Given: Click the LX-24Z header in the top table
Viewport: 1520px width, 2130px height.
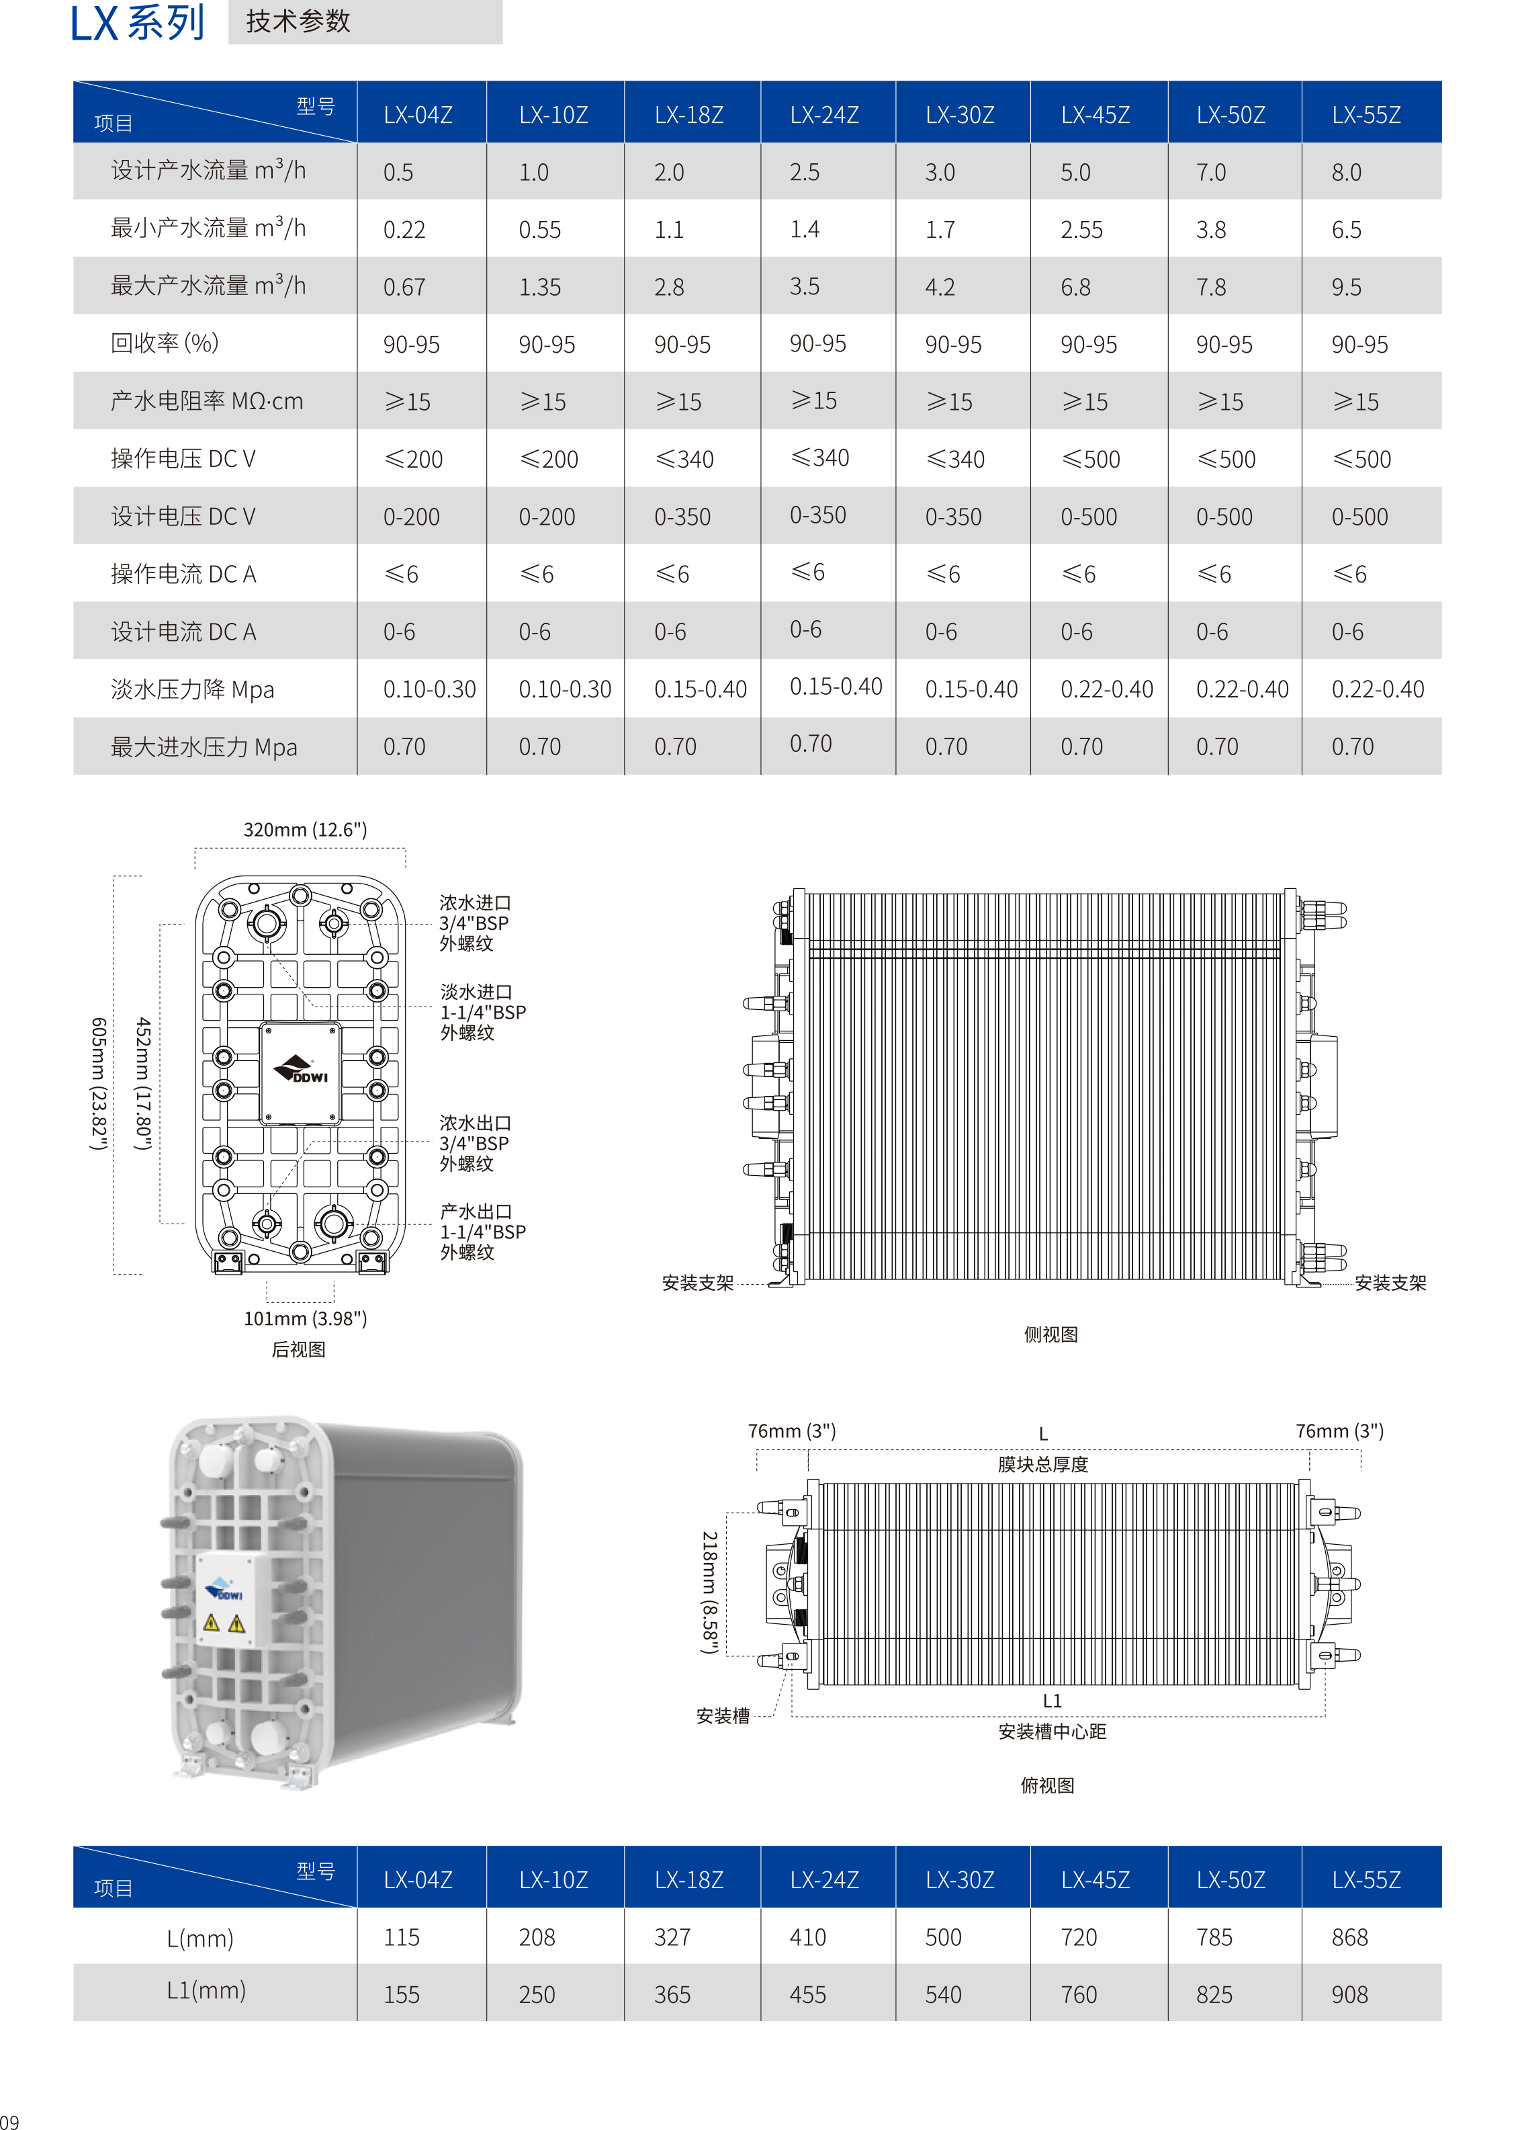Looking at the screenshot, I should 823,115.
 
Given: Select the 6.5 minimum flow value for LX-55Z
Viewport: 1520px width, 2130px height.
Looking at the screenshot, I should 1346,229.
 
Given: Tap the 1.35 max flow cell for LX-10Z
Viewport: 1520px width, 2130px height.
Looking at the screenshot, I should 540,288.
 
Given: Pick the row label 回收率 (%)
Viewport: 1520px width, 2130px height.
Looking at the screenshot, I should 165,343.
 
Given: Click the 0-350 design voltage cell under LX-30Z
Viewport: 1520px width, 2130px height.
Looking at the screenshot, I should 953,517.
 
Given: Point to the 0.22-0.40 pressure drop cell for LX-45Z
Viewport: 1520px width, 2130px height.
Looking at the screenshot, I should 1106,690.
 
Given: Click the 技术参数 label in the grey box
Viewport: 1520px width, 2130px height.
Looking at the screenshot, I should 299,22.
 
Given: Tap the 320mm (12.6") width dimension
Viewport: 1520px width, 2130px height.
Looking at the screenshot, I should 305,830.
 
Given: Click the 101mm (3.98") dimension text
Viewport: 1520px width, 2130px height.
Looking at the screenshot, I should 305,1318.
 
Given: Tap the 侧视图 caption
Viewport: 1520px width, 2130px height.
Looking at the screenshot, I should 1050,1334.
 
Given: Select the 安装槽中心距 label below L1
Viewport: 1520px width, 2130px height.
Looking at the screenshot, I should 1052,1731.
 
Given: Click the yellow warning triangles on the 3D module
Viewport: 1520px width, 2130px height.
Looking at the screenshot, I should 223,1623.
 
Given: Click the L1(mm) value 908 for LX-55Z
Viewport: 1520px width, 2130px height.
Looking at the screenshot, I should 1349,1994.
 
